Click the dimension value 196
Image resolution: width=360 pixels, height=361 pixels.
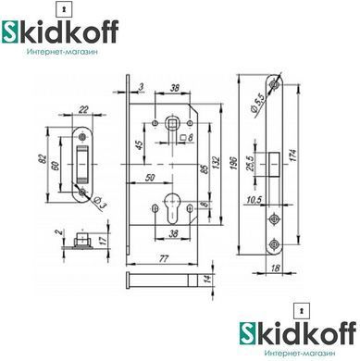point(234,164)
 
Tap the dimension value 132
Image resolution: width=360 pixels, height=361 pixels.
point(216,164)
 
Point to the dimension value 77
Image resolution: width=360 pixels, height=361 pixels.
point(164,258)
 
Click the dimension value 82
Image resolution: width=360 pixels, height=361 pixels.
point(43,159)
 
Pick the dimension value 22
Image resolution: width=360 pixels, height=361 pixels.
point(83,109)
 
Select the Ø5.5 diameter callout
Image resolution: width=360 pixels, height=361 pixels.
point(257,104)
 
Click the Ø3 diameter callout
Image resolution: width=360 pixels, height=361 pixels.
point(100,202)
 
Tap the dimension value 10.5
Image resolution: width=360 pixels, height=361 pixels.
point(254,200)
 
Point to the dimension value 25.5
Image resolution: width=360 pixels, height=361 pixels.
point(250,163)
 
